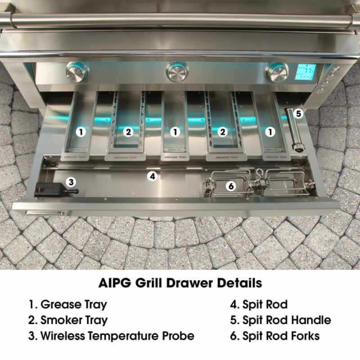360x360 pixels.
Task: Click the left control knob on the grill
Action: tap(77, 72)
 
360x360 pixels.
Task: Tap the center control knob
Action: tap(177, 72)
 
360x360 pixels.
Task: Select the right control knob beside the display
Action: tap(276, 72)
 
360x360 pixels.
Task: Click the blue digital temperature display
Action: tap(305, 72)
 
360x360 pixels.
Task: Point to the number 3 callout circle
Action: tap(71, 182)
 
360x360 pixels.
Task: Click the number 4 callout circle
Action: tap(153, 176)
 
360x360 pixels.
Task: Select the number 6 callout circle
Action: tap(230, 185)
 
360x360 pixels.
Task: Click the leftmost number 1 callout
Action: tap(81, 132)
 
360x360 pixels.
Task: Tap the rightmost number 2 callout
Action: tap(221, 132)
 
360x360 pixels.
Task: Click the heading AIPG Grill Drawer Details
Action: tap(180, 283)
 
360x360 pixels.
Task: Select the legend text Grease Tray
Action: tap(68, 304)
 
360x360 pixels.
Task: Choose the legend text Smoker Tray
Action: tap(68, 320)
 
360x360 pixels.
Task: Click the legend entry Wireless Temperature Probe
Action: tap(112, 336)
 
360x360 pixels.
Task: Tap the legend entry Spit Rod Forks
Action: tap(274, 336)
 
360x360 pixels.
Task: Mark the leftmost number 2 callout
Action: tap(128, 132)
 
